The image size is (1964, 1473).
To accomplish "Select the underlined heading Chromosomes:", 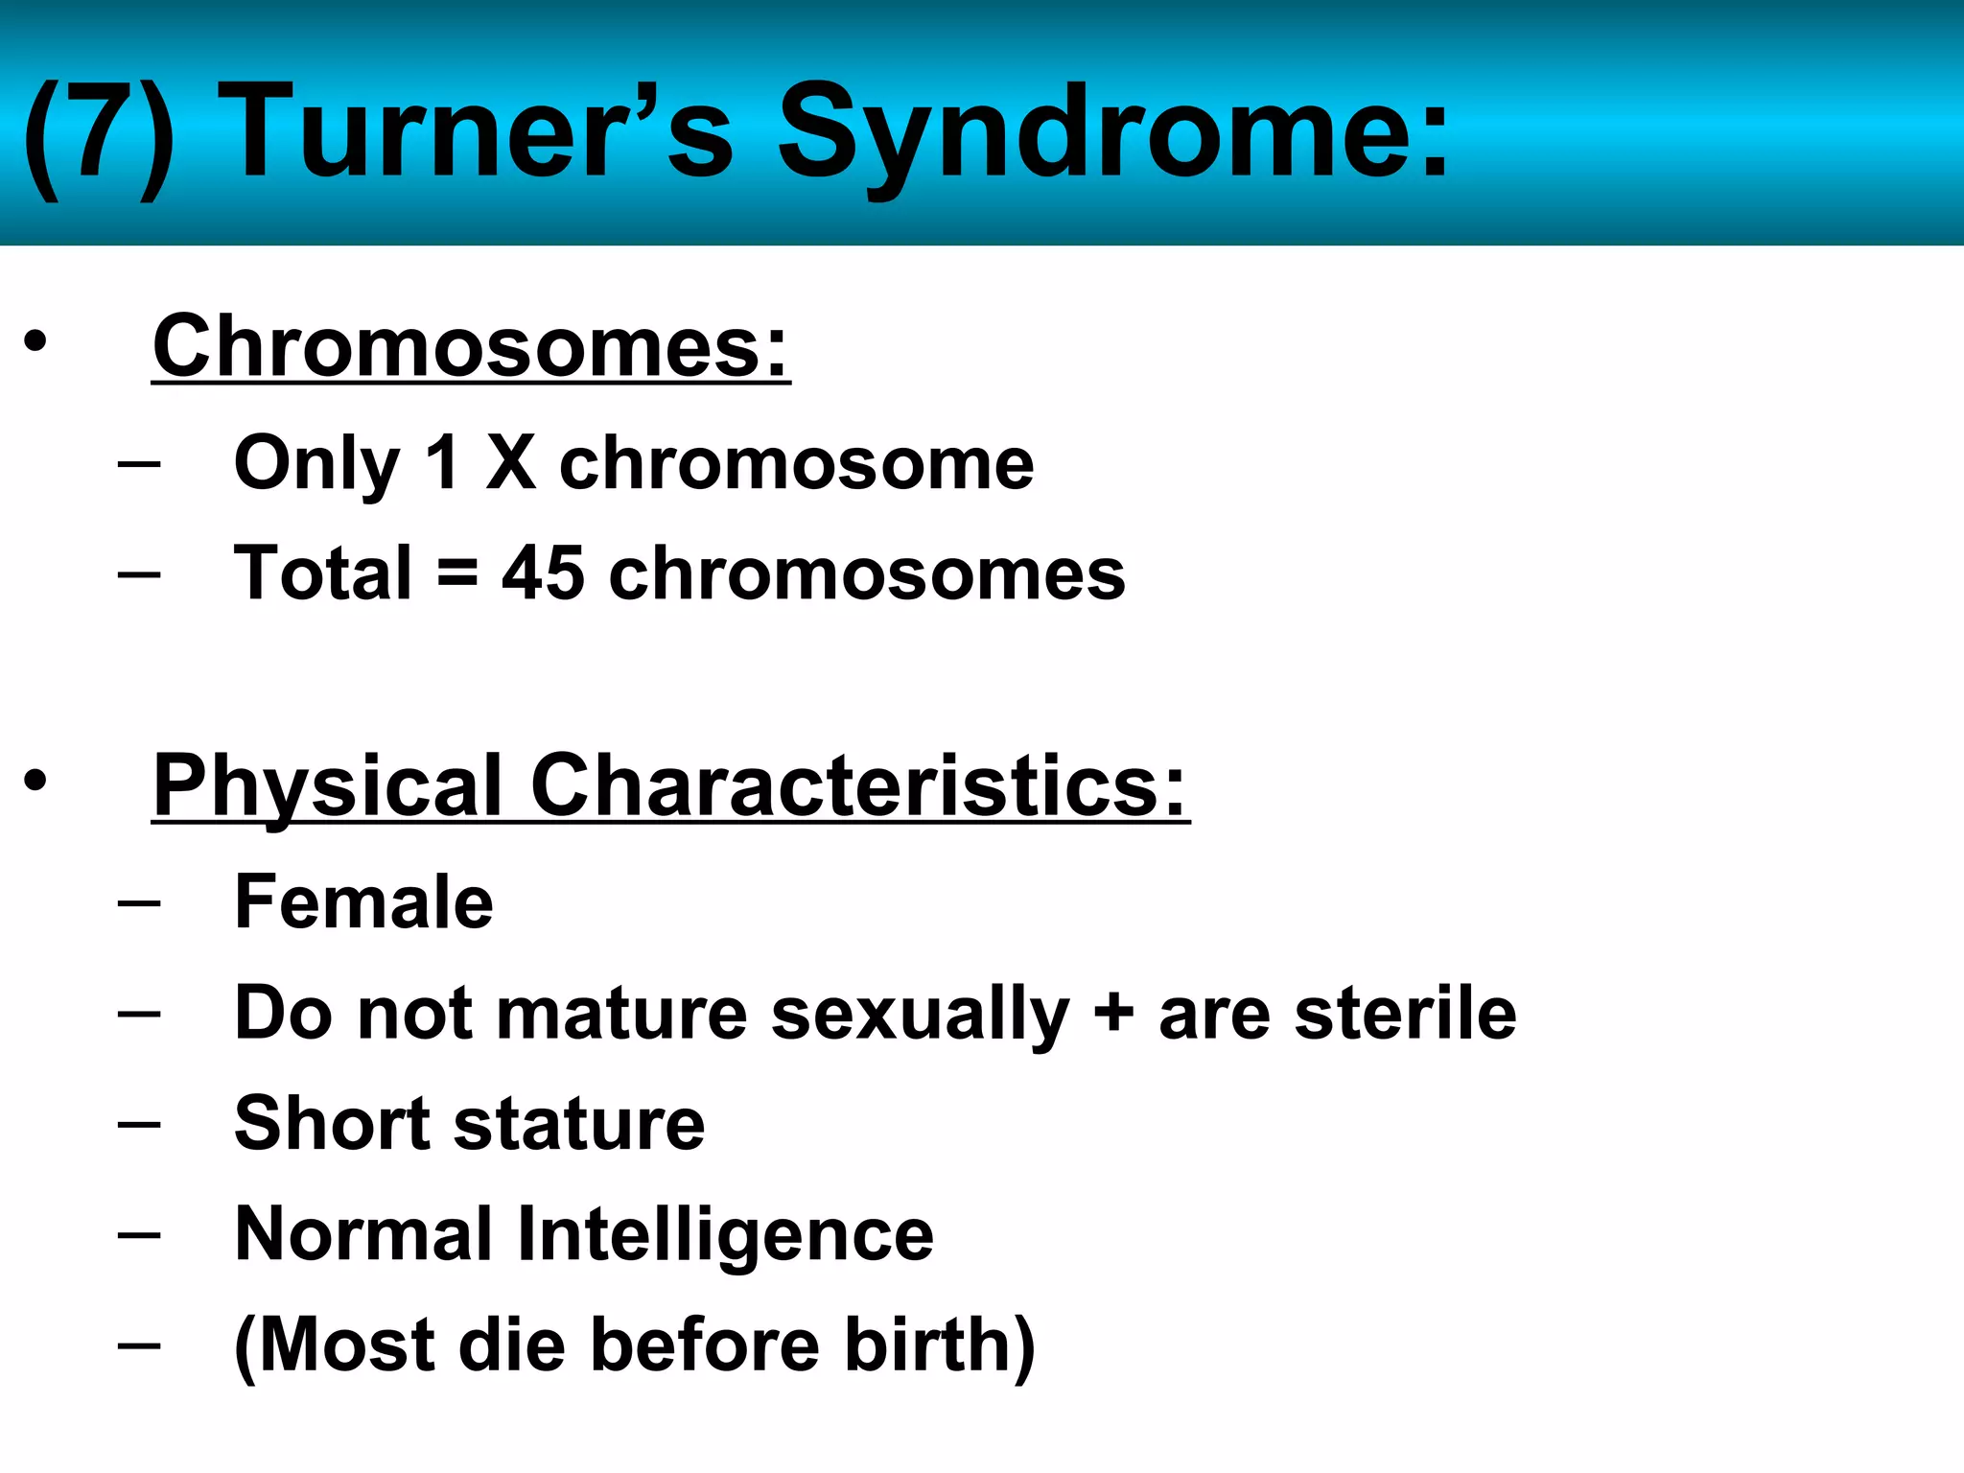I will [471, 346].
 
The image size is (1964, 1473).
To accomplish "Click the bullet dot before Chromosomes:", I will [35, 342].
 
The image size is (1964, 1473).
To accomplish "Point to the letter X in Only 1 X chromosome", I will [510, 463].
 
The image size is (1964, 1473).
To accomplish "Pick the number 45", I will [543, 573].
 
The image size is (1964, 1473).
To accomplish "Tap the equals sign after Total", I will [457, 573].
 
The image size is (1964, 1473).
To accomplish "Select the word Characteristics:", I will [858, 785].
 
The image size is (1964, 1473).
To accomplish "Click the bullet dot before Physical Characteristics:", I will [35, 781].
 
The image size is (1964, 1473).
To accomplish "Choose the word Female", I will [363, 902].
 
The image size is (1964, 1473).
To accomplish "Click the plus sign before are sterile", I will [1113, 1014].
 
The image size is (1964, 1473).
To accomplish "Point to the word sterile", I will [1405, 1014].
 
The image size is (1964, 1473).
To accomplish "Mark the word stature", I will [579, 1124].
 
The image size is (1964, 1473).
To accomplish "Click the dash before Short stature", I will [139, 1122].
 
